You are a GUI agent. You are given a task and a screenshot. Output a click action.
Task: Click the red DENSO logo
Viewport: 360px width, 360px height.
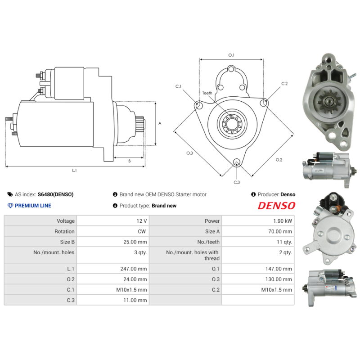pos(276,206)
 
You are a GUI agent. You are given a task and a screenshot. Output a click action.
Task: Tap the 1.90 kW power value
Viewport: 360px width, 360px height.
pos(283,221)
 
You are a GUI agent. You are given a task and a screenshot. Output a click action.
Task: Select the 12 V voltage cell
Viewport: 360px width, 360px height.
pos(142,221)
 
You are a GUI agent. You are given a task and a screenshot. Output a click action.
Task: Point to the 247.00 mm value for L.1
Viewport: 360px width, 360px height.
pos(134,269)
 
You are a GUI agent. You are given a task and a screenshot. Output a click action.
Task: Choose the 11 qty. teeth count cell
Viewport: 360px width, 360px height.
pos(284,242)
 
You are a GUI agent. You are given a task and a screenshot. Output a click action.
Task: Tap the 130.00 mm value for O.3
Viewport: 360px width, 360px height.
pos(279,279)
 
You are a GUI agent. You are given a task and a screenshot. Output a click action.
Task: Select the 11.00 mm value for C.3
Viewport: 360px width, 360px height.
pos(135,300)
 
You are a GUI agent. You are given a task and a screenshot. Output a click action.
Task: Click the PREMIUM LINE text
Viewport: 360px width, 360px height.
pos(33,206)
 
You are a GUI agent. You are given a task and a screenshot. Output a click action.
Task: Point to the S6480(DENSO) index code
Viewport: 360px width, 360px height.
pos(55,194)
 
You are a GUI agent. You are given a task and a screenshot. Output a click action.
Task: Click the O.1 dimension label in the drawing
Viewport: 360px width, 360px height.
pos(231,55)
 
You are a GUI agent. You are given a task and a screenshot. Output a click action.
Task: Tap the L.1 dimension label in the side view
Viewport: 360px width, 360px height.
pos(74,171)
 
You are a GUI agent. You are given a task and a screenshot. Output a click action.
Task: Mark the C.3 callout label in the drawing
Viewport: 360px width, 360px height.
pos(237,182)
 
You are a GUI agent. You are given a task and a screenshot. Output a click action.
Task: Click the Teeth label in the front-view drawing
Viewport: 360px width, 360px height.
pos(207,93)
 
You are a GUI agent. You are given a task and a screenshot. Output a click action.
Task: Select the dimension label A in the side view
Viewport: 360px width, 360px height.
pos(160,123)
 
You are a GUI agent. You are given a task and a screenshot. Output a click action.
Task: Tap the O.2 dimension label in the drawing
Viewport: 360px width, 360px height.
pos(279,160)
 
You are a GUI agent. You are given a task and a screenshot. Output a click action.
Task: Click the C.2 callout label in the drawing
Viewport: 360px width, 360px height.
pos(284,84)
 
